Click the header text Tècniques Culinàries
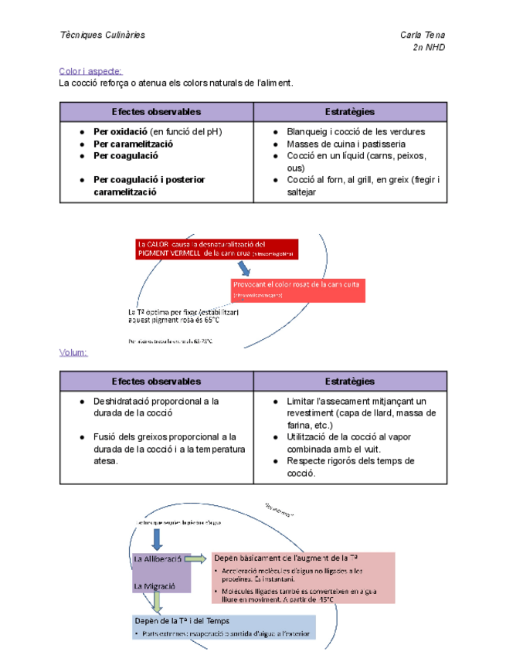tap(102, 36)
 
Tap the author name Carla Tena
tap(423, 36)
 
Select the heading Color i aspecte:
tap(90, 71)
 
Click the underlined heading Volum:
tap(73, 353)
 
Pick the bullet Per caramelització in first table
tap(133, 144)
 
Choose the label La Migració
tap(155, 586)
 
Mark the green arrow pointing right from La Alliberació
tap(195, 558)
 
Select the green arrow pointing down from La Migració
tap(158, 602)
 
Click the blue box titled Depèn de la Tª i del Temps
tap(224, 626)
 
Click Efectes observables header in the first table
tap(156, 112)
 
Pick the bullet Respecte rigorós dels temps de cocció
tap(351, 467)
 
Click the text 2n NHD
tap(430, 48)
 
